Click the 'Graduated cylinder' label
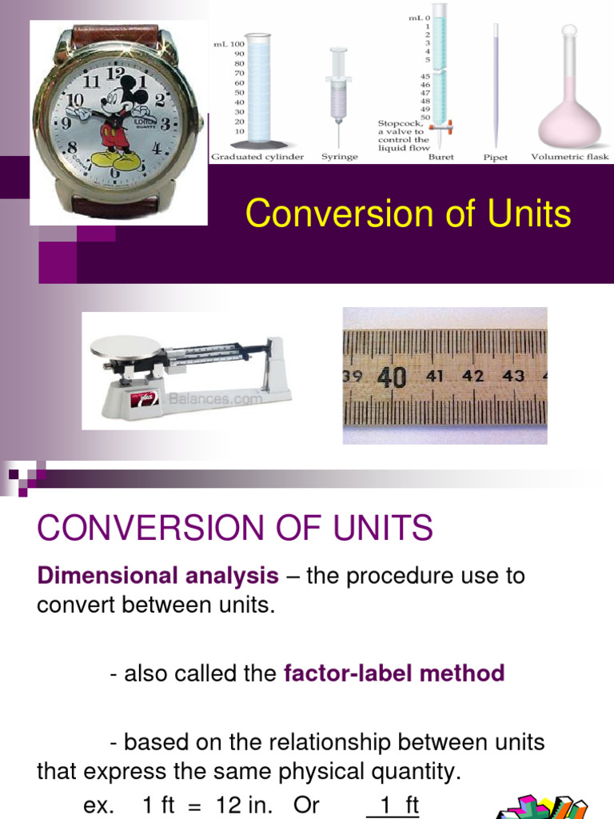click(257, 158)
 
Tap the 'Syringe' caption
click(339, 158)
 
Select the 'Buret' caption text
click(441, 158)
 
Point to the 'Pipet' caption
click(496, 158)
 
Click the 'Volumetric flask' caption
click(570, 158)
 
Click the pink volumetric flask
click(568, 112)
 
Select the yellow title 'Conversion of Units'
click(408, 214)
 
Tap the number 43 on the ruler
click(513, 375)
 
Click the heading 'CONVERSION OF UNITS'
click(235, 528)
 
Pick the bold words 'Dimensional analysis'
click(157, 576)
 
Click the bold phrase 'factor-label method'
click(394, 673)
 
